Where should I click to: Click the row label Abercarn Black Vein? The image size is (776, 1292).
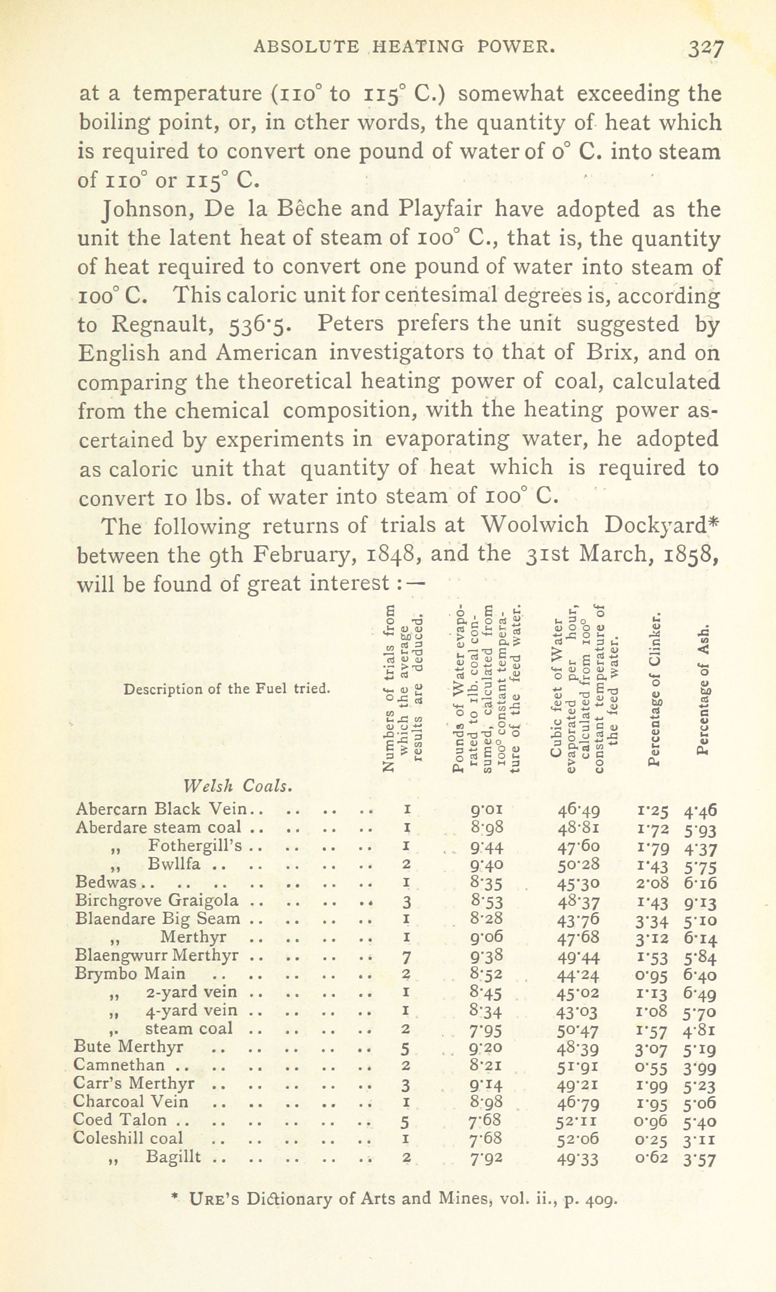point(162,809)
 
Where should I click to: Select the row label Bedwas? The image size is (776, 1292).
point(106,882)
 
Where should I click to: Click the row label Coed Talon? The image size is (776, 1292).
point(120,1120)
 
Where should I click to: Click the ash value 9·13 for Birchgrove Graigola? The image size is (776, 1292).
point(699,902)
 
